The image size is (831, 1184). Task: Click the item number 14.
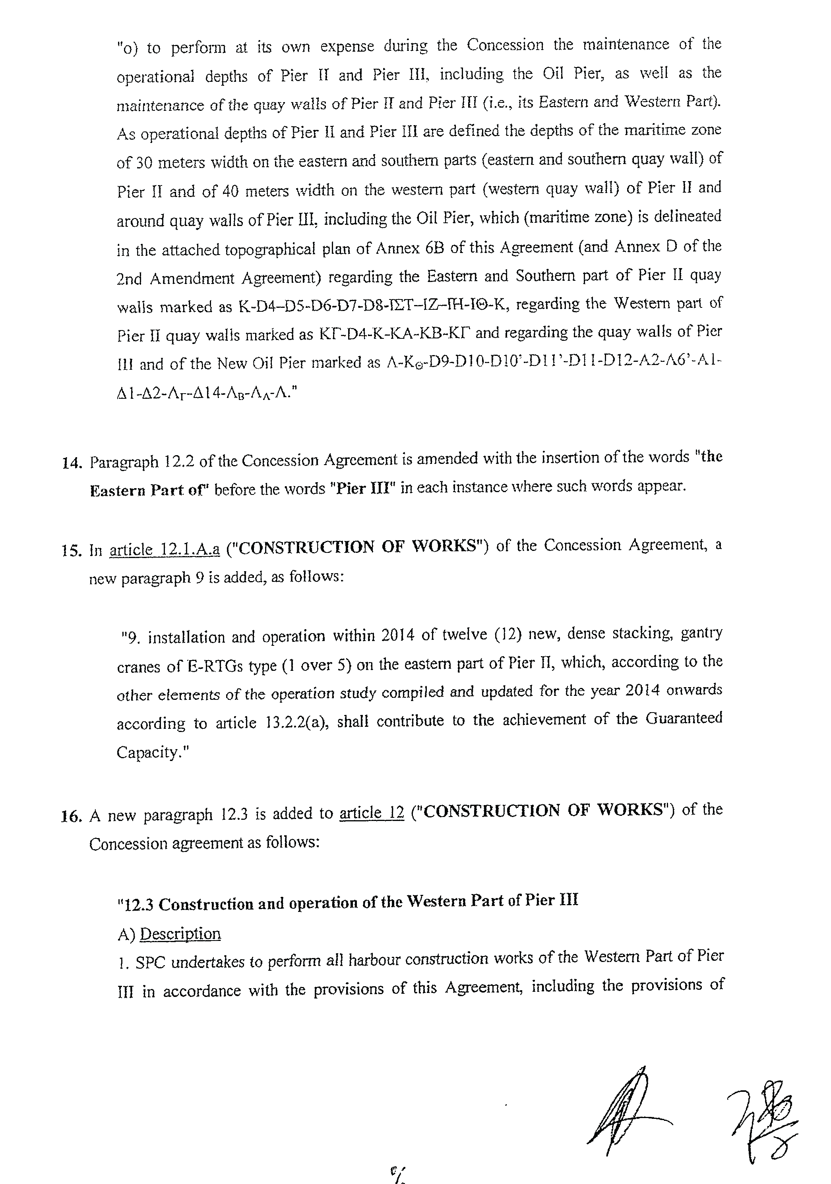72,463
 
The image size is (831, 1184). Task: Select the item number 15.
72,551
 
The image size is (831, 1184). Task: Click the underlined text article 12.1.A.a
165,549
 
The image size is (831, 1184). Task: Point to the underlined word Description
180,933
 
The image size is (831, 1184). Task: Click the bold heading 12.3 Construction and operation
348,902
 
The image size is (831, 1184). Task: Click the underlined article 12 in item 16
372,813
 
